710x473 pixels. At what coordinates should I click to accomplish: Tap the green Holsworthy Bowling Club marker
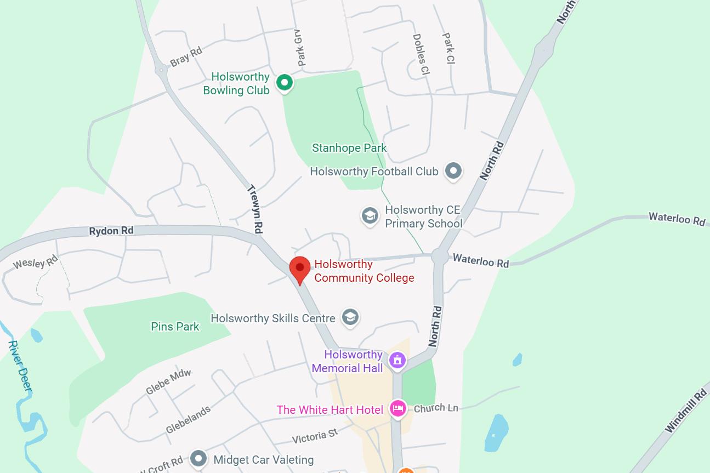(284, 83)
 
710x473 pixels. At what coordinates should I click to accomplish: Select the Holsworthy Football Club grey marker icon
(453, 171)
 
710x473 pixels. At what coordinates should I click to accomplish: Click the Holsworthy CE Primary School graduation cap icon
(370, 215)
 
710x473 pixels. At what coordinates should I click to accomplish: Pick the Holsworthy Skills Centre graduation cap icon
(350, 317)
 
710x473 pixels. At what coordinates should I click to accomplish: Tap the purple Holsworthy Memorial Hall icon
(397, 360)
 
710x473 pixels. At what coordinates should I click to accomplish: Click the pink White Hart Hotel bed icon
(397, 408)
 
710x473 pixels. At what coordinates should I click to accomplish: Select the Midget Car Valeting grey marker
(198, 458)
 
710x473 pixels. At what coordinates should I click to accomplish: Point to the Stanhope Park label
(349, 148)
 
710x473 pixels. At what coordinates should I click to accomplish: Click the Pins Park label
(175, 327)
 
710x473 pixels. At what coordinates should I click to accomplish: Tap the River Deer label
(20, 367)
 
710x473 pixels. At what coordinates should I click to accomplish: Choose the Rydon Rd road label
(111, 231)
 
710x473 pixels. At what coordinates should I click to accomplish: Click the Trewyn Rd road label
(255, 209)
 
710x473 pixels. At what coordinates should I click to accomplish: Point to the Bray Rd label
(186, 56)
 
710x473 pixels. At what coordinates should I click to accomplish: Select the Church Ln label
(436, 408)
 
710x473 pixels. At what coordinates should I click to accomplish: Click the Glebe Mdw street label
(168, 382)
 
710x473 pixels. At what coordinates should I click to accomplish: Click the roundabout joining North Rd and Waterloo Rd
(439, 256)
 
